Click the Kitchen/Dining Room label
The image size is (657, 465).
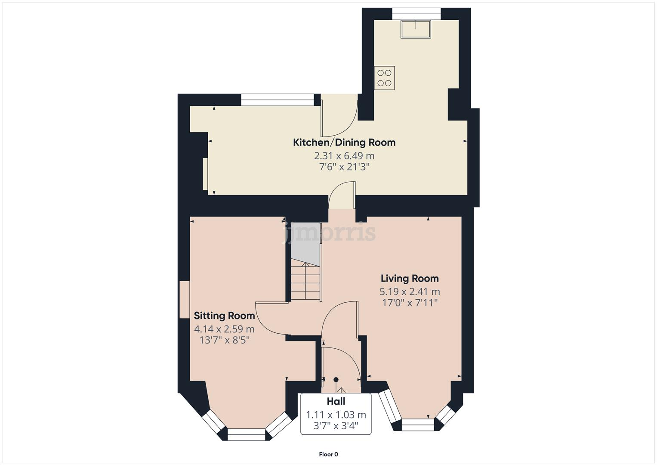[344, 143]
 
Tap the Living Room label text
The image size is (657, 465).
[409, 279]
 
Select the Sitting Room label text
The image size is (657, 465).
[224, 316]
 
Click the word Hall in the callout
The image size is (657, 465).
[336, 402]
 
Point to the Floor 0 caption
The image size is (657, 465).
[328, 454]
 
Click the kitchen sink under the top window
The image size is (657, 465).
[416, 29]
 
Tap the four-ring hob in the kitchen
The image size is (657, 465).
[384, 78]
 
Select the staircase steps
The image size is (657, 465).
[306, 282]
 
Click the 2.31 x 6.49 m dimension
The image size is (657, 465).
[344, 156]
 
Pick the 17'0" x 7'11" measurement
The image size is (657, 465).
[410, 303]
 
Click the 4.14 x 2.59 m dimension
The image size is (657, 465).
[224, 329]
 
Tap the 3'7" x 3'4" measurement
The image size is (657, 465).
[336, 426]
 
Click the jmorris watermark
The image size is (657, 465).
[329, 233]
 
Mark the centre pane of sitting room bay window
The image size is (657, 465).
[246, 434]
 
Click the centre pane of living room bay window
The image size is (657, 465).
[417, 425]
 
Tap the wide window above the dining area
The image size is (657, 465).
[277, 100]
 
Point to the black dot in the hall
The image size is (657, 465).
[336, 379]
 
